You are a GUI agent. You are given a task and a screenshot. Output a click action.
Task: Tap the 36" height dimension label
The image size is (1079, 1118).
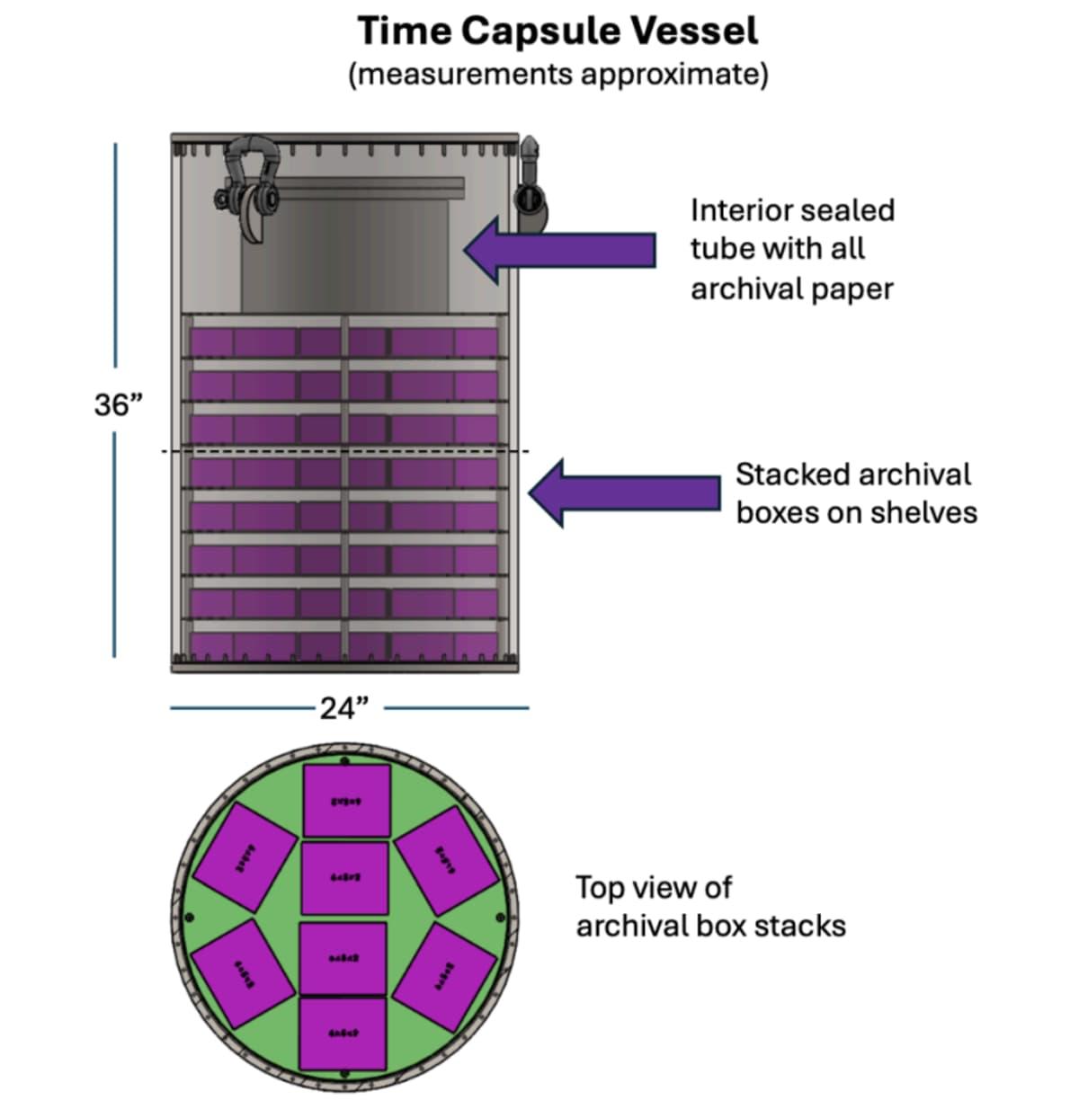point(119,405)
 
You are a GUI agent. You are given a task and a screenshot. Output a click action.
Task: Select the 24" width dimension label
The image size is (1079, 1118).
point(345,709)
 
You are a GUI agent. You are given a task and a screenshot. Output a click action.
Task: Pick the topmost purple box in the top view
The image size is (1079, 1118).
point(346,800)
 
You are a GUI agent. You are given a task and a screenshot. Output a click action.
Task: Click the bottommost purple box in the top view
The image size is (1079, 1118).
point(343,1033)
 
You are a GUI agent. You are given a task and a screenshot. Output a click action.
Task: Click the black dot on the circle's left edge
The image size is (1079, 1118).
point(190,918)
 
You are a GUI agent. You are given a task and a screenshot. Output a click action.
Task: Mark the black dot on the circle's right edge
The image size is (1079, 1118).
point(501,917)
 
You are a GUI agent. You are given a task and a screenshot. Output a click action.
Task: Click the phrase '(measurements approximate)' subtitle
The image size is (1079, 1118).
point(558,74)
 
